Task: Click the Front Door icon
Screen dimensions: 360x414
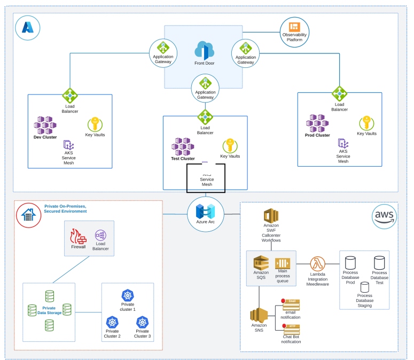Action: coord(205,51)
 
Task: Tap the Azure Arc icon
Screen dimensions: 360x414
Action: coord(205,212)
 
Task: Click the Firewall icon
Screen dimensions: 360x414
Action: coord(79,236)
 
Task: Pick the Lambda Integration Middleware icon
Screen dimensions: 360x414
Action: coord(318,264)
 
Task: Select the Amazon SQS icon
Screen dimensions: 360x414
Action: coord(261,263)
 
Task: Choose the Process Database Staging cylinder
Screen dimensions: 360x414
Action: coord(365,287)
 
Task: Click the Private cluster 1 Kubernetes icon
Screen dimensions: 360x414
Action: coord(128,295)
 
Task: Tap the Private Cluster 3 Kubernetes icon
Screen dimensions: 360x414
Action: coord(142,322)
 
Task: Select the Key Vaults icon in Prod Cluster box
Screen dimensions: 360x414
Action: coord(366,123)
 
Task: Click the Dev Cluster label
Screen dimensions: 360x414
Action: coord(45,137)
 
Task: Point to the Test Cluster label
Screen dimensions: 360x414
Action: coord(183,159)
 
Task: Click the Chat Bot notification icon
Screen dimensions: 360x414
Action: coord(291,329)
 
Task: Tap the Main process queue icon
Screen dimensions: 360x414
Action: coord(282,263)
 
